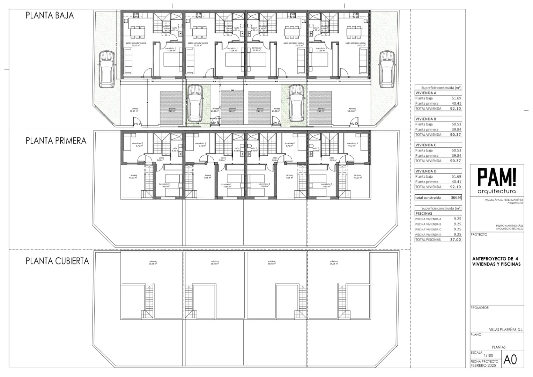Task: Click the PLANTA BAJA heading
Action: tap(50, 16)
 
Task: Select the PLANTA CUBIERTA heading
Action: tap(57, 261)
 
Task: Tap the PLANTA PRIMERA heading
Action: tap(56, 141)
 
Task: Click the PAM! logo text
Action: tap(497, 177)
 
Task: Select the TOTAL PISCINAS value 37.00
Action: tap(456, 240)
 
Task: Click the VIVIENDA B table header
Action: tap(426, 119)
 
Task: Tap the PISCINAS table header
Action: tap(424, 213)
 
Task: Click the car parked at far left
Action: tap(106, 69)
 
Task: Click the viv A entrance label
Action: tap(137, 124)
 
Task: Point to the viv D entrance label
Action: tap(354, 124)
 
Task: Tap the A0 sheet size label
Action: tap(510, 360)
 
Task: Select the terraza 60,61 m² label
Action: tap(134, 110)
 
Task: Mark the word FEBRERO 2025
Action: tap(483, 365)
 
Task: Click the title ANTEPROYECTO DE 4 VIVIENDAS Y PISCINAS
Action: tap(496, 261)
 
